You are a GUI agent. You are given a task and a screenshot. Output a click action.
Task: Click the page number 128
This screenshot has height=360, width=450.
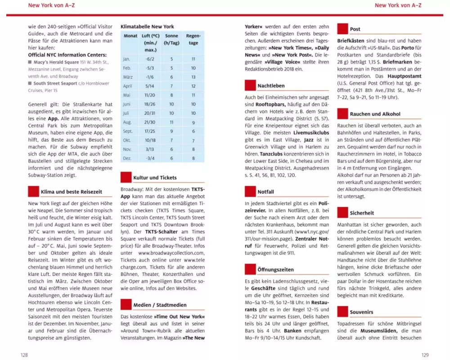click(x=24, y=355)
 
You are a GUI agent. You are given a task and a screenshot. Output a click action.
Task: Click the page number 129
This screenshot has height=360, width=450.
click(x=425, y=355)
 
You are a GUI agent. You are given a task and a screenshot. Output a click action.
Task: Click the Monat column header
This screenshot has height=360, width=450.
click(x=130, y=36)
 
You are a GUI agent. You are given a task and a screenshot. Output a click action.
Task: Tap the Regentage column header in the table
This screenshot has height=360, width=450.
click(x=193, y=40)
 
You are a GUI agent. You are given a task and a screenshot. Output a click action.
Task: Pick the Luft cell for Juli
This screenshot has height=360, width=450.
click(x=150, y=113)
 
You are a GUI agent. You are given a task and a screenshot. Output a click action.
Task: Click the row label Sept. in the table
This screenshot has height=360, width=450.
click(x=128, y=131)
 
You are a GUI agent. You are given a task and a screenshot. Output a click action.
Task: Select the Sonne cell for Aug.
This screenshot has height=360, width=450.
click(x=171, y=122)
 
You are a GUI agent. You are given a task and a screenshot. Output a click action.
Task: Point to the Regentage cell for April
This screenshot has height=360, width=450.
click(x=193, y=86)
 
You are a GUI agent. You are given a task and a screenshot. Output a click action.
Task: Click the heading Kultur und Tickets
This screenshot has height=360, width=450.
click(x=155, y=178)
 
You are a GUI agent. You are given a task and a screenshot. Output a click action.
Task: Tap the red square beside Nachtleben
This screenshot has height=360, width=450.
click(x=250, y=85)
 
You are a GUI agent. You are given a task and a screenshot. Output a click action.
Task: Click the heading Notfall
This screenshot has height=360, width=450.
click(x=265, y=192)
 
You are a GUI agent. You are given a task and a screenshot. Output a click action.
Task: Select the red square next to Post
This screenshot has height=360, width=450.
click(x=342, y=29)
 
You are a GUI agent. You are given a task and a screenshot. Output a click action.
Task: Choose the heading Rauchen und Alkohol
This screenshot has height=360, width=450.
click(x=375, y=114)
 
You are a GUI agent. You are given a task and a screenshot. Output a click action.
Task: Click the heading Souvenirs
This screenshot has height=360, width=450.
click(x=361, y=312)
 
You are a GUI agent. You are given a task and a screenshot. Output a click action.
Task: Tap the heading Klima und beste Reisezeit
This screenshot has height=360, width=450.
click(x=71, y=192)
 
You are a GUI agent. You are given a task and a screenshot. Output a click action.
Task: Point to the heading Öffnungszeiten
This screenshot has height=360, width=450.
click(x=275, y=270)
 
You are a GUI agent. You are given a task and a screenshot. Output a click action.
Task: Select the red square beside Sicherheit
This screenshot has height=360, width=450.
click(x=342, y=212)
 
